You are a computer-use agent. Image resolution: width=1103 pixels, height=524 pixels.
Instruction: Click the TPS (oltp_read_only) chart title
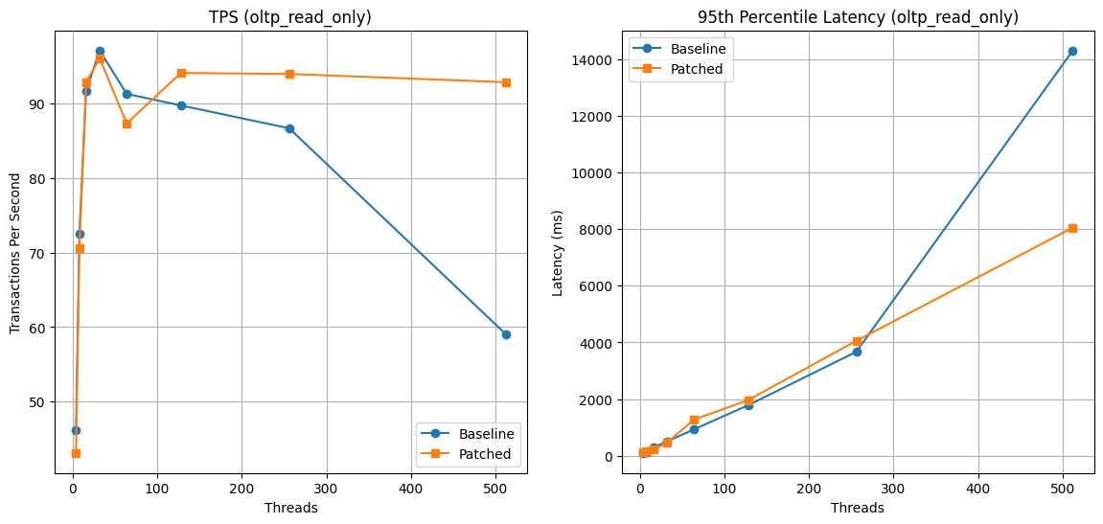(290, 17)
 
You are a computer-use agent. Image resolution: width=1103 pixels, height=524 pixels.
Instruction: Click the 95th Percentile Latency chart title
(858, 17)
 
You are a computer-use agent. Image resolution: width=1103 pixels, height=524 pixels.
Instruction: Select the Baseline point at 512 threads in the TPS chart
(506, 334)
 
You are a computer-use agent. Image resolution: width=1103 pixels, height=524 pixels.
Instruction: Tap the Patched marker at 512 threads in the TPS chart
(506, 82)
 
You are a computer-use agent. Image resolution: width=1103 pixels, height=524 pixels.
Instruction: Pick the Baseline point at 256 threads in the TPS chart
(289, 128)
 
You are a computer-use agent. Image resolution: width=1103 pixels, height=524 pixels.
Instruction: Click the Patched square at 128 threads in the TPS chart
(181, 73)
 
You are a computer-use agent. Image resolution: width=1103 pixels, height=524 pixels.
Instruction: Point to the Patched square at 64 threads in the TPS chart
(126, 124)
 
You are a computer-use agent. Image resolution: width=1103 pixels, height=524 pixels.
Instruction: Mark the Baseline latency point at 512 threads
(1072, 51)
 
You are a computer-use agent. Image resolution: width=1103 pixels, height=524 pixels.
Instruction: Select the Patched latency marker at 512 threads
(1072, 228)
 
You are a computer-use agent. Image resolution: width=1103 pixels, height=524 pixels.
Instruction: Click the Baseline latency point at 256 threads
(857, 352)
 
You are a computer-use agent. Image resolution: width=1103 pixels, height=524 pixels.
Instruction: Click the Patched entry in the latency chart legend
(702, 69)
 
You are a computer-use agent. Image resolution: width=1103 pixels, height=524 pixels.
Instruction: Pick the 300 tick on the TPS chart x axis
(327, 489)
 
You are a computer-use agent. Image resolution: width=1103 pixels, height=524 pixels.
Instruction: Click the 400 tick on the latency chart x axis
(978, 489)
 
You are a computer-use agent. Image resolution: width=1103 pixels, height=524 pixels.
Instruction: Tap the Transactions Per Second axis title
(15, 254)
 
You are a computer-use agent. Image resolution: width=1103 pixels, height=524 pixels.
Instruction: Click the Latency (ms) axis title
(558, 253)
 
